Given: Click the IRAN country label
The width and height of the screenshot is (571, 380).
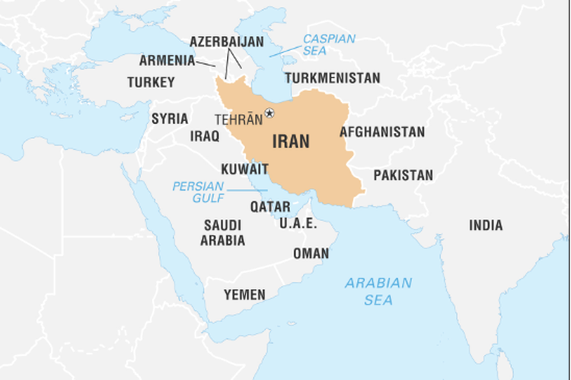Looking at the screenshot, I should pos(292,142).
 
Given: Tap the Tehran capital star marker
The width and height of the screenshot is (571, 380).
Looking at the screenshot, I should pos(269,113).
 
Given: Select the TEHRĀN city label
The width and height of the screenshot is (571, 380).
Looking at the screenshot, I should pos(238,119).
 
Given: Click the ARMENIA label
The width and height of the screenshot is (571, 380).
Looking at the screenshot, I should pos(167,60).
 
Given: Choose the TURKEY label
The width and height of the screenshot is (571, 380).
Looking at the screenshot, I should pos(151,82).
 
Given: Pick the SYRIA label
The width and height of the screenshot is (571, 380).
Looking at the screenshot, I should pos(170,119).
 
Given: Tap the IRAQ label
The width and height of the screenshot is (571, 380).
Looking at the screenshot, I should pos(204,137).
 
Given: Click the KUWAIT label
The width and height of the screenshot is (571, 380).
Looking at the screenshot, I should pos(244,169).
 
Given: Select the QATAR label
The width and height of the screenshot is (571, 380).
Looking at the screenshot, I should pos(270,206).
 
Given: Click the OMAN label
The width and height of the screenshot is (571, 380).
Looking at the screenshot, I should pos(311,254).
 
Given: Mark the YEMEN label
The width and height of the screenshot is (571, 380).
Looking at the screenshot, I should pos(244,294).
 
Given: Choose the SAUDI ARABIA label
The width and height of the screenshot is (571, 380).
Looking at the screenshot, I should pos(222,233).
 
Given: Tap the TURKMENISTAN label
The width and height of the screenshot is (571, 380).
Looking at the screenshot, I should pos(333,78).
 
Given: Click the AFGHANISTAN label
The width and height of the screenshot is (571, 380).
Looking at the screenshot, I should pos(382,132).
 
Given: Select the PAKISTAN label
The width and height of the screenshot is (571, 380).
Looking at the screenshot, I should pos(403,176).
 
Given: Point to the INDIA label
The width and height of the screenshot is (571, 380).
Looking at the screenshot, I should pos(486,225).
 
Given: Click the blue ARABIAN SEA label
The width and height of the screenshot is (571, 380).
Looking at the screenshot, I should pos(378,291).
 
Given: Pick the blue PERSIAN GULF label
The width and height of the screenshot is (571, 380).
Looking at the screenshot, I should pos(198,191).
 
